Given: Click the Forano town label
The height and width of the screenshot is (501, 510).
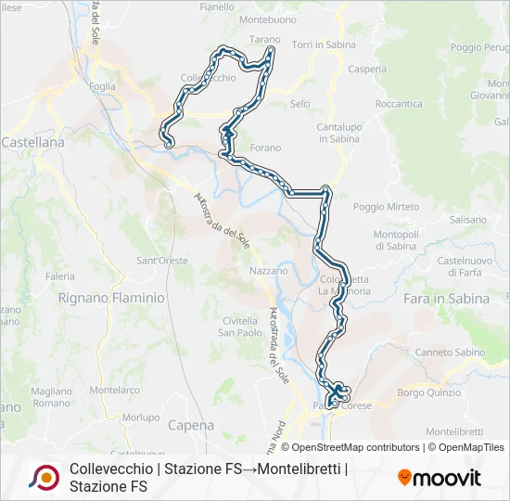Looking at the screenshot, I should [x=265, y=147].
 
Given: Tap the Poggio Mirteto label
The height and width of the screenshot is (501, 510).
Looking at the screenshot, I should [x=381, y=207].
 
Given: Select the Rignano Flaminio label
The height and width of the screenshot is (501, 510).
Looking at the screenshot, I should [x=111, y=298].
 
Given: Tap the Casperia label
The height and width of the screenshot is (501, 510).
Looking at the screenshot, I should [x=341, y=70].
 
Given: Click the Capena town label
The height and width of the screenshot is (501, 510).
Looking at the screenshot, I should [x=192, y=425].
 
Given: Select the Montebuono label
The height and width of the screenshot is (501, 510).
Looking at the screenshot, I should [x=266, y=19].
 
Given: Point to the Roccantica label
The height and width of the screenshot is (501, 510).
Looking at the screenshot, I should [x=400, y=104].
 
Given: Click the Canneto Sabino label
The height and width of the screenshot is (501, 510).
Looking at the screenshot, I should [x=450, y=353].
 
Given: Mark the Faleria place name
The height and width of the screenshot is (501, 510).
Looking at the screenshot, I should [x=60, y=276].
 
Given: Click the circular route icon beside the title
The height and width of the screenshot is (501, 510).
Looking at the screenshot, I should [x=44, y=477].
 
